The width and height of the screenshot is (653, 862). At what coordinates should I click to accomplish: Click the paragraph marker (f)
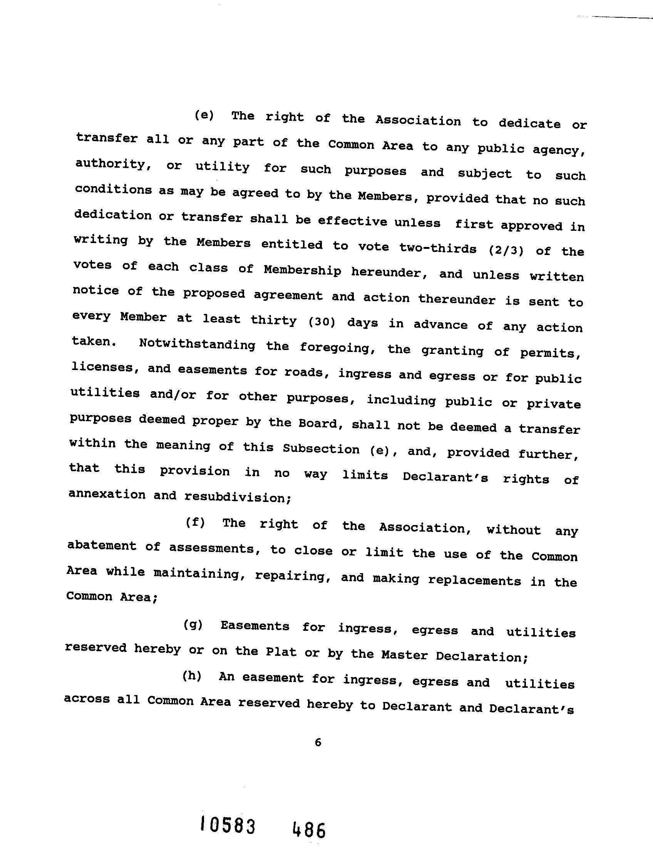click(195, 523)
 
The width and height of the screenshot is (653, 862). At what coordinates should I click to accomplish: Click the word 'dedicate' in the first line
click(530, 123)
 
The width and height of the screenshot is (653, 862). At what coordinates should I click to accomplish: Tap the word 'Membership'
click(302, 270)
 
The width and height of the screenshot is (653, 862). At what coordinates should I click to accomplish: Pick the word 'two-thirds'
click(438, 248)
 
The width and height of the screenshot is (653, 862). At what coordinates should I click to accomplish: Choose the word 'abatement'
click(102, 545)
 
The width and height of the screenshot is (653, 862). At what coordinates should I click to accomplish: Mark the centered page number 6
click(318, 743)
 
